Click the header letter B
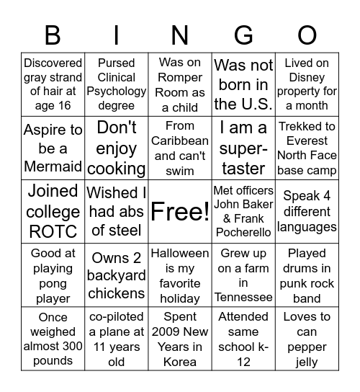pyautogui.click(x=53, y=35)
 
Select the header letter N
pyautogui.click(x=180, y=35)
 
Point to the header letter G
pyautogui.click(x=243, y=35)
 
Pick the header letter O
pyautogui.click(x=307, y=35)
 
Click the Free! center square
pyautogui.click(x=180, y=212)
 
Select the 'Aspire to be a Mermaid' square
pyautogui.click(x=53, y=148)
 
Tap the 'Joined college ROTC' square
pyautogui.click(x=53, y=212)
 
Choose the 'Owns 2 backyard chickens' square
pyautogui.click(x=117, y=275)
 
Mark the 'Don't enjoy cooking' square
pyautogui.click(x=117, y=148)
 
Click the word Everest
pyautogui.click(x=307, y=141)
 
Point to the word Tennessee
pyautogui.click(x=243, y=298)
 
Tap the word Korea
pyautogui.click(x=180, y=361)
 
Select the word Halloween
pyautogui.click(x=180, y=254)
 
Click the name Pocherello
pyautogui.click(x=243, y=233)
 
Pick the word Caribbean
pyautogui.click(x=180, y=141)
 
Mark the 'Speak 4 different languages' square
pyautogui.click(x=307, y=212)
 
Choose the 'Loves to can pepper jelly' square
pyautogui.click(x=307, y=339)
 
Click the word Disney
pyautogui.click(x=307, y=78)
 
